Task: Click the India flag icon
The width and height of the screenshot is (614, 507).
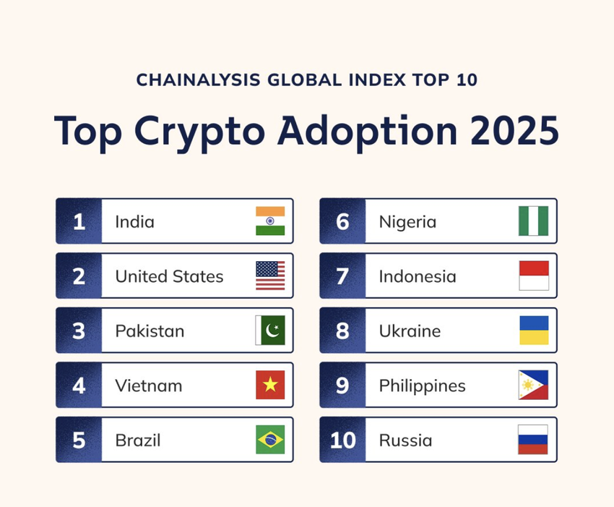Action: pos(270,221)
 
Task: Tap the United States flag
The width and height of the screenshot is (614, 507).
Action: pos(270,276)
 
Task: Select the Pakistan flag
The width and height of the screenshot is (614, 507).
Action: pos(270,330)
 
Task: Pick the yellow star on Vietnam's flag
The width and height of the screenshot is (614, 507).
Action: pos(270,385)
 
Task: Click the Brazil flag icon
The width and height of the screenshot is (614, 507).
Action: pos(270,440)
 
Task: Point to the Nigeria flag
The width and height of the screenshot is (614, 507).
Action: pos(533,221)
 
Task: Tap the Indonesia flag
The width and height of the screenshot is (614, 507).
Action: pos(534,276)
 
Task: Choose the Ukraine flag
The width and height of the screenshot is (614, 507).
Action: pos(534,330)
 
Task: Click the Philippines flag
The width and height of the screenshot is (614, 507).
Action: pos(533,385)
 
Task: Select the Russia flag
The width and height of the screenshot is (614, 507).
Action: pos(533,440)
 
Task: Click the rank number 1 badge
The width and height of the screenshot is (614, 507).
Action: pos(79,221)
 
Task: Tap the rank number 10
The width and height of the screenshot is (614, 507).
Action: pos(342,440)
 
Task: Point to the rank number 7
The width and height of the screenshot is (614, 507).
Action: pos(342,276)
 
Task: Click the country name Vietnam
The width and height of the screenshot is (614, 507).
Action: pos(149,385)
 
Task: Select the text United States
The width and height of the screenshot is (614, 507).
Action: pos(169,276)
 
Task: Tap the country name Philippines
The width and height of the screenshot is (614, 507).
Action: pos(422,386)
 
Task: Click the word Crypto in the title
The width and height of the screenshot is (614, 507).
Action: pos(199,132)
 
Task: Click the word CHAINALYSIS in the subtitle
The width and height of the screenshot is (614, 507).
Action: pos(198,80)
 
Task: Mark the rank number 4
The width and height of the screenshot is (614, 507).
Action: pos(79,385)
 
